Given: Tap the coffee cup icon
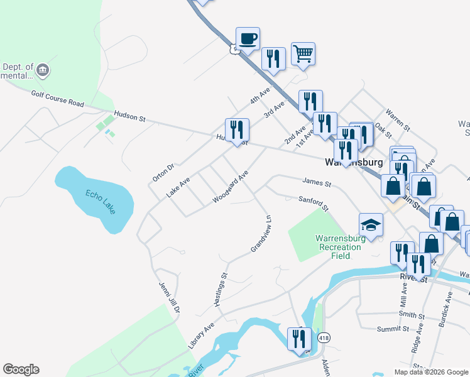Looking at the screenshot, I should click(x=248, y=38).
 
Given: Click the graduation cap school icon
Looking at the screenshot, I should click(x=371, y=224).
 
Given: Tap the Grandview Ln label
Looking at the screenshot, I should click(x=261, y=234).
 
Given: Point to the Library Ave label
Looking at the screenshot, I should click(x=201, y=336).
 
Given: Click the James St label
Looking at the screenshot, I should click(x=316, y=183).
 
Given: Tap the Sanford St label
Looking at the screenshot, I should click(x=313, y=203).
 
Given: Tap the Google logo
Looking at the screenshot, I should click(x=21, y=369).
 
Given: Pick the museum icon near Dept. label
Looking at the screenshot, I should click(x=43, y=69).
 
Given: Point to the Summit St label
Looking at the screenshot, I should click(x=392, y=329).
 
